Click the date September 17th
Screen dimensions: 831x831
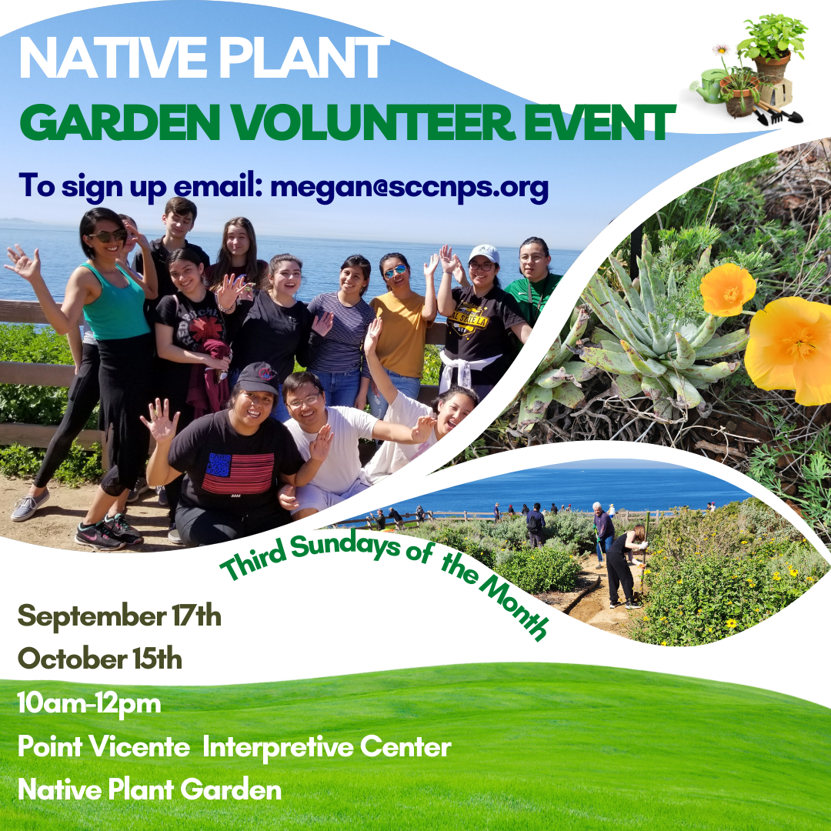(119, 616)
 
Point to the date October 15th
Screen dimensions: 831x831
(100, 659)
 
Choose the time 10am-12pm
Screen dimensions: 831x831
(89, 703)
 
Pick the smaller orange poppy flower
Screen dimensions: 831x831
(727, 289)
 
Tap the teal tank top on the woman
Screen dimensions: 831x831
(116, 305)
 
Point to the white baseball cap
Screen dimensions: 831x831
(484, 253)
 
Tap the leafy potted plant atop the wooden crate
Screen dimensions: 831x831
(771, 38)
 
